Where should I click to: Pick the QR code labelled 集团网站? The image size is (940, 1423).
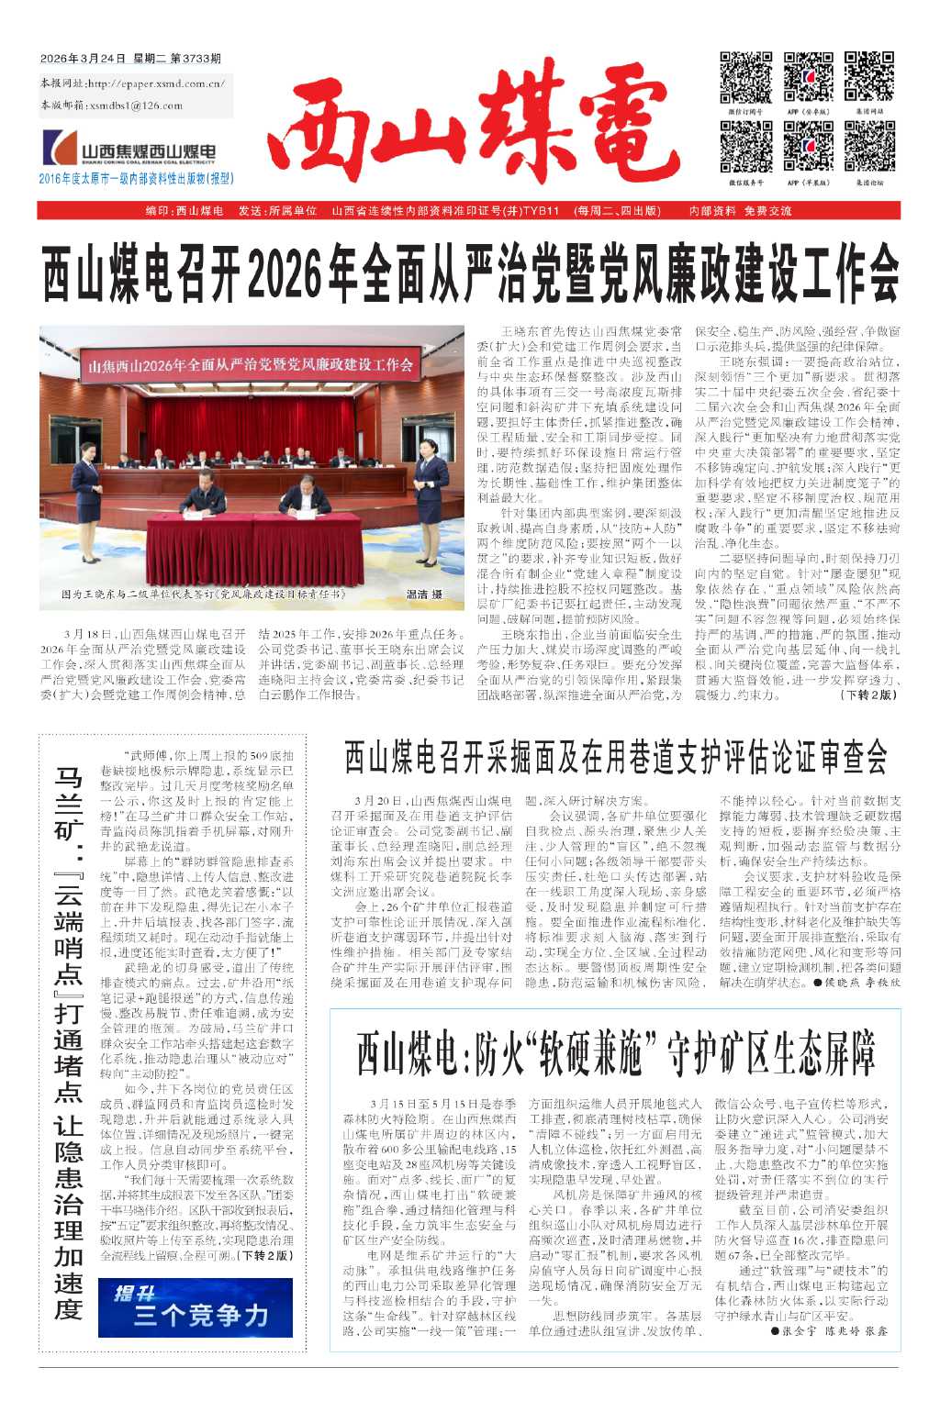coord(868,77)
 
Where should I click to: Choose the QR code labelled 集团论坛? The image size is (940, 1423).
coord(868,147)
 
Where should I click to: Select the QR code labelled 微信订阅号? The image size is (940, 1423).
coord(745,77)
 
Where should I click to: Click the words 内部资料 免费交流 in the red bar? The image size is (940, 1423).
coord(740,211)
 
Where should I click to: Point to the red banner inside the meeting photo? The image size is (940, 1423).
coord(250,365)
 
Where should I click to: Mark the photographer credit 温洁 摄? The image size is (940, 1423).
coord(424,595)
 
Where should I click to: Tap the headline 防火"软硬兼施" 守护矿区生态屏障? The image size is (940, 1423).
coord(615,1052)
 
